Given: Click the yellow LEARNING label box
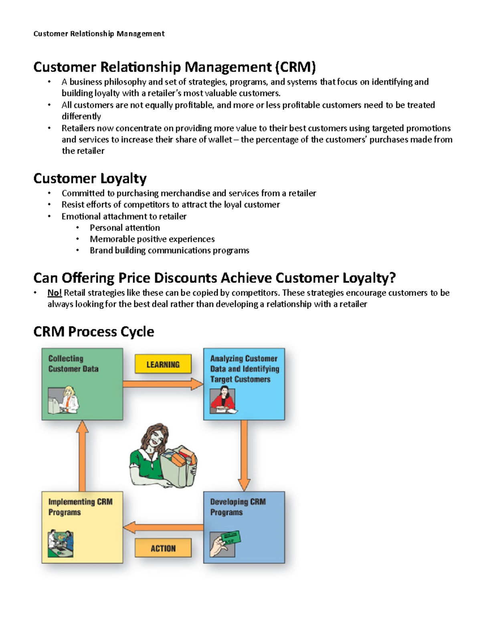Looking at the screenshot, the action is [x=163, y=364].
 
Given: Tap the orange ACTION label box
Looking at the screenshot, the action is [x=163, y=548].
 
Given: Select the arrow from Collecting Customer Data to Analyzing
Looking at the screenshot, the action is [x=163, y=384].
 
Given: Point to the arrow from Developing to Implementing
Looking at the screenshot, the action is [x=163, y=527].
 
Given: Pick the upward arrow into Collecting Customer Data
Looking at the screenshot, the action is [x=82, y=456].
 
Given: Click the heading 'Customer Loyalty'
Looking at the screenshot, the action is [x=90, y=178].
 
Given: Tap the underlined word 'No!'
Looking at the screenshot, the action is [x=55, y=292].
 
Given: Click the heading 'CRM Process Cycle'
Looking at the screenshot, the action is [x=94, y=332].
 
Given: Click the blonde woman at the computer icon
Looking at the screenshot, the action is [x=64, y=400].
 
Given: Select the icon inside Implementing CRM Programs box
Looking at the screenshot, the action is [x=61, y=543].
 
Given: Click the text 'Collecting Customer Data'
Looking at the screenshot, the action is [x=73, y=363].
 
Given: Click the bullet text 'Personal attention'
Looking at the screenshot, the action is [x=125, y=227].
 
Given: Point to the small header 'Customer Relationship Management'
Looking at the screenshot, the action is [x=99, y=34].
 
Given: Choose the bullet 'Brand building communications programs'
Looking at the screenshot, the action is [x=170, y=250].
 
